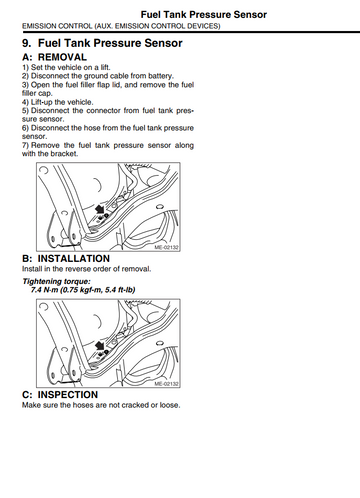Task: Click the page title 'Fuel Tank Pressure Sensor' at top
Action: (204, 15)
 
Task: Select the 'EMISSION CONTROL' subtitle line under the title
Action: (121, 26)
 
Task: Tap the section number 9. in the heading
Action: (27, 43)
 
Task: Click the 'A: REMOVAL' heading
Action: (54, 57)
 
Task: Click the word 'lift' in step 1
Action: (105, 67)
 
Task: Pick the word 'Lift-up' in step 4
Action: (42, 102)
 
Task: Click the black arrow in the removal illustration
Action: (100, 210)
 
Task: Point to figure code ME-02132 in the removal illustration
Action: (166, 248)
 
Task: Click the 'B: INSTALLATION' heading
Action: (66, 259)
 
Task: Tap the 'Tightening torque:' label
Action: (56, 281)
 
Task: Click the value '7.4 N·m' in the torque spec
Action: (44, 290)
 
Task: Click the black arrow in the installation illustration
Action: (100, 346)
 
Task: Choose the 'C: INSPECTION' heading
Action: (60, 395)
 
